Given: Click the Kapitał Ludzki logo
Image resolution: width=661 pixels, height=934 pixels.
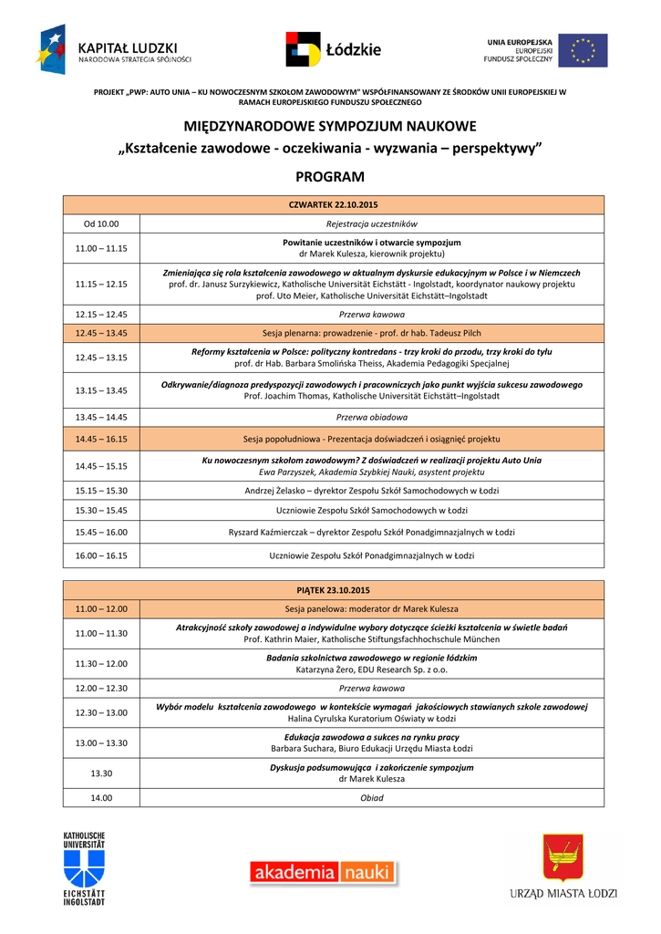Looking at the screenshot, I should pyautogui.click(x=113, y=49).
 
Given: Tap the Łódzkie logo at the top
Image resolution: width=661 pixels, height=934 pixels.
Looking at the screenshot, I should pyautogui.click(x=333, y=49).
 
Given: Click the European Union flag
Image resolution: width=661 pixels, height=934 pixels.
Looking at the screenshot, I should pyautogui.click(x=583, y=50).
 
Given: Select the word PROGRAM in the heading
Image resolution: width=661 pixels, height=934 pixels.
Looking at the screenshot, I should pyautogui.click(x=330, y=177).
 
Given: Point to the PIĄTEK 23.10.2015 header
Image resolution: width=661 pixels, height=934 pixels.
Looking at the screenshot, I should pyautogui.click(x=333, y=590).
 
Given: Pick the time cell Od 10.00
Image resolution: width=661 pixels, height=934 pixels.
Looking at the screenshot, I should pyautogui.click(x=101, y=223).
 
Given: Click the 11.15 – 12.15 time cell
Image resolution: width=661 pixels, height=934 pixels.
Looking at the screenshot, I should pyautogui.click(x=101, y=284).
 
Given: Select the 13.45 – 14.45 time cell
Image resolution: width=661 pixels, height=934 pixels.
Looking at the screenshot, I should pyautogui.click(x=101, y=417).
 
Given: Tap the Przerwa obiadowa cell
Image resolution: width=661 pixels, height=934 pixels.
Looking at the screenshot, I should pyautogui.click(x=371, y=417).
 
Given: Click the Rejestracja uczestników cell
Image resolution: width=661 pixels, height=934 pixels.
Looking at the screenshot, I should pyautogui.click(x=371, y=223).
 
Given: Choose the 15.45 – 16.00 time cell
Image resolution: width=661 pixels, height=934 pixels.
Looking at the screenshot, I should pyautogui.click(x=101, y=532).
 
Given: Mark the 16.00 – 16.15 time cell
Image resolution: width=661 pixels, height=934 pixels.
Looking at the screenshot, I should pyautogui.click(x=101, y=555).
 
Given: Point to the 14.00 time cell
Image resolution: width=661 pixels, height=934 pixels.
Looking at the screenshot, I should pyautogui.click(x=101, y=797).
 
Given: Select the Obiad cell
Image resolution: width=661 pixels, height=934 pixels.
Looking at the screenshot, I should pyautogui.click(x=371, y=797).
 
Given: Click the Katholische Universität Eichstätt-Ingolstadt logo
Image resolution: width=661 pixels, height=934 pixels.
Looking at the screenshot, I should pyautogui.click(x=84, y=867).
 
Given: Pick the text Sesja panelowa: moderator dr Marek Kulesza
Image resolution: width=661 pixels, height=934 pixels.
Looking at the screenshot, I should pyautogui.click(x=371, y=608).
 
